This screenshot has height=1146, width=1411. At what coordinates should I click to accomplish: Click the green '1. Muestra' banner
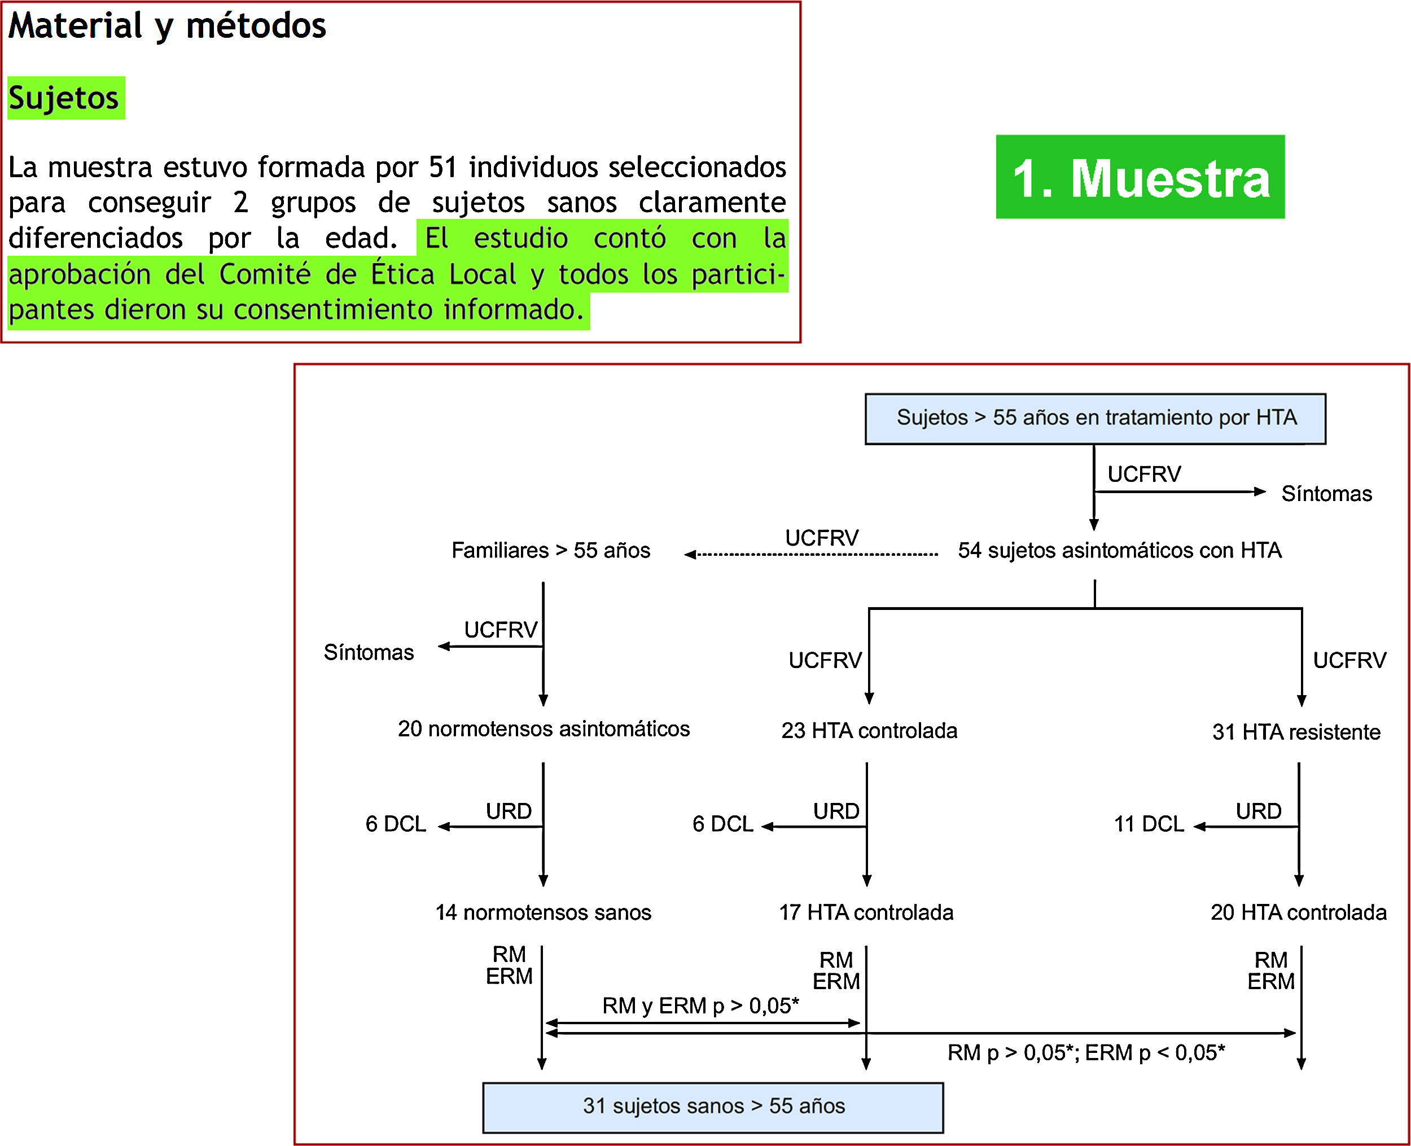[1140, 177]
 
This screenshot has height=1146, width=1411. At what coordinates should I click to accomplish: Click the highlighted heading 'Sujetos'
[64, 98]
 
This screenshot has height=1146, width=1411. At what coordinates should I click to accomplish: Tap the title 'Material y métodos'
[167, 26]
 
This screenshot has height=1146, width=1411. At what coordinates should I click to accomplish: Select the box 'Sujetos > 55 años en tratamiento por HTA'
[1095, 419]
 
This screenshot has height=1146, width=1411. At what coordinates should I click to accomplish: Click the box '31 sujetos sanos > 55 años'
[712, 1106]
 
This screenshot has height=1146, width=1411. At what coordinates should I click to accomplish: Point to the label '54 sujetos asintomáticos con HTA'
[1119, 550]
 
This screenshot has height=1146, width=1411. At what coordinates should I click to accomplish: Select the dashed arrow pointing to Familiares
[812, 555]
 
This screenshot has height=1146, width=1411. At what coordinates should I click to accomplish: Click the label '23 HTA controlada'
[869, 730]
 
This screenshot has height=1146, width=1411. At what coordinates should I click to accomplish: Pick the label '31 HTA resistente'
[1295, 731]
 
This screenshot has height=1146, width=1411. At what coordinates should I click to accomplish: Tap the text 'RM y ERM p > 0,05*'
[700, 1006]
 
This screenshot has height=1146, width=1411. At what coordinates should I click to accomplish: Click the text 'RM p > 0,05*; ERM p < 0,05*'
[1085, 1052]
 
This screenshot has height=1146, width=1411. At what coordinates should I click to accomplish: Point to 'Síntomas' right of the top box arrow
[1326, 493]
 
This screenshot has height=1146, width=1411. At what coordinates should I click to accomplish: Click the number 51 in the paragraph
[442, 167]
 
